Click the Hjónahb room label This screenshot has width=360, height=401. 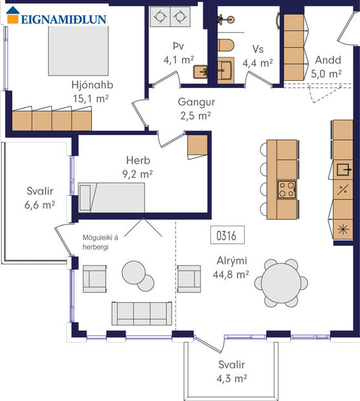click(x=91, y=84)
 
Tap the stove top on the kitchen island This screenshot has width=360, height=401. click(x=287, y=189)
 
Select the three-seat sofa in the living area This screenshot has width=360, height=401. click(x=141, y=312)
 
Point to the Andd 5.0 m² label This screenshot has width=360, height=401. click(x=328, y=67)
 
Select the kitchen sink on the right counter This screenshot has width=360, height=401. click(x=343, y=170)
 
